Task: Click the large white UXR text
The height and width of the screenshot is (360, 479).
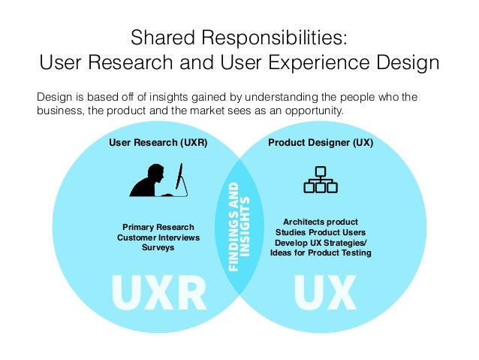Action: point(158,293)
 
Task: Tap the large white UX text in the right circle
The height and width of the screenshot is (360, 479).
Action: point(324,293)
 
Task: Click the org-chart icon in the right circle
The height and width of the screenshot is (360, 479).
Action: point(320,178)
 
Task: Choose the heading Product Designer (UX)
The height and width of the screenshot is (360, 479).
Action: point(321,142)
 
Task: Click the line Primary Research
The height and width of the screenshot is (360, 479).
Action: point(158,227)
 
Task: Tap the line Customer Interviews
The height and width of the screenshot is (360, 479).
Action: point(158,237)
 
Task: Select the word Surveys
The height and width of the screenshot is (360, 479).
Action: point(158,247)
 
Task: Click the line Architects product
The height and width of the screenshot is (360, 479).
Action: point(321,222)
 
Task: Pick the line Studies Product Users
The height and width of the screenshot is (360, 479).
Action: point(321,232)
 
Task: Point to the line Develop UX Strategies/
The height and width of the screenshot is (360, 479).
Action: point(321,243)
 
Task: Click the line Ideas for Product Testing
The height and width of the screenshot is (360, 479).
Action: point(321,253)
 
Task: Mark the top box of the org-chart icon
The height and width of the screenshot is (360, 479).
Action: point(320,169)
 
